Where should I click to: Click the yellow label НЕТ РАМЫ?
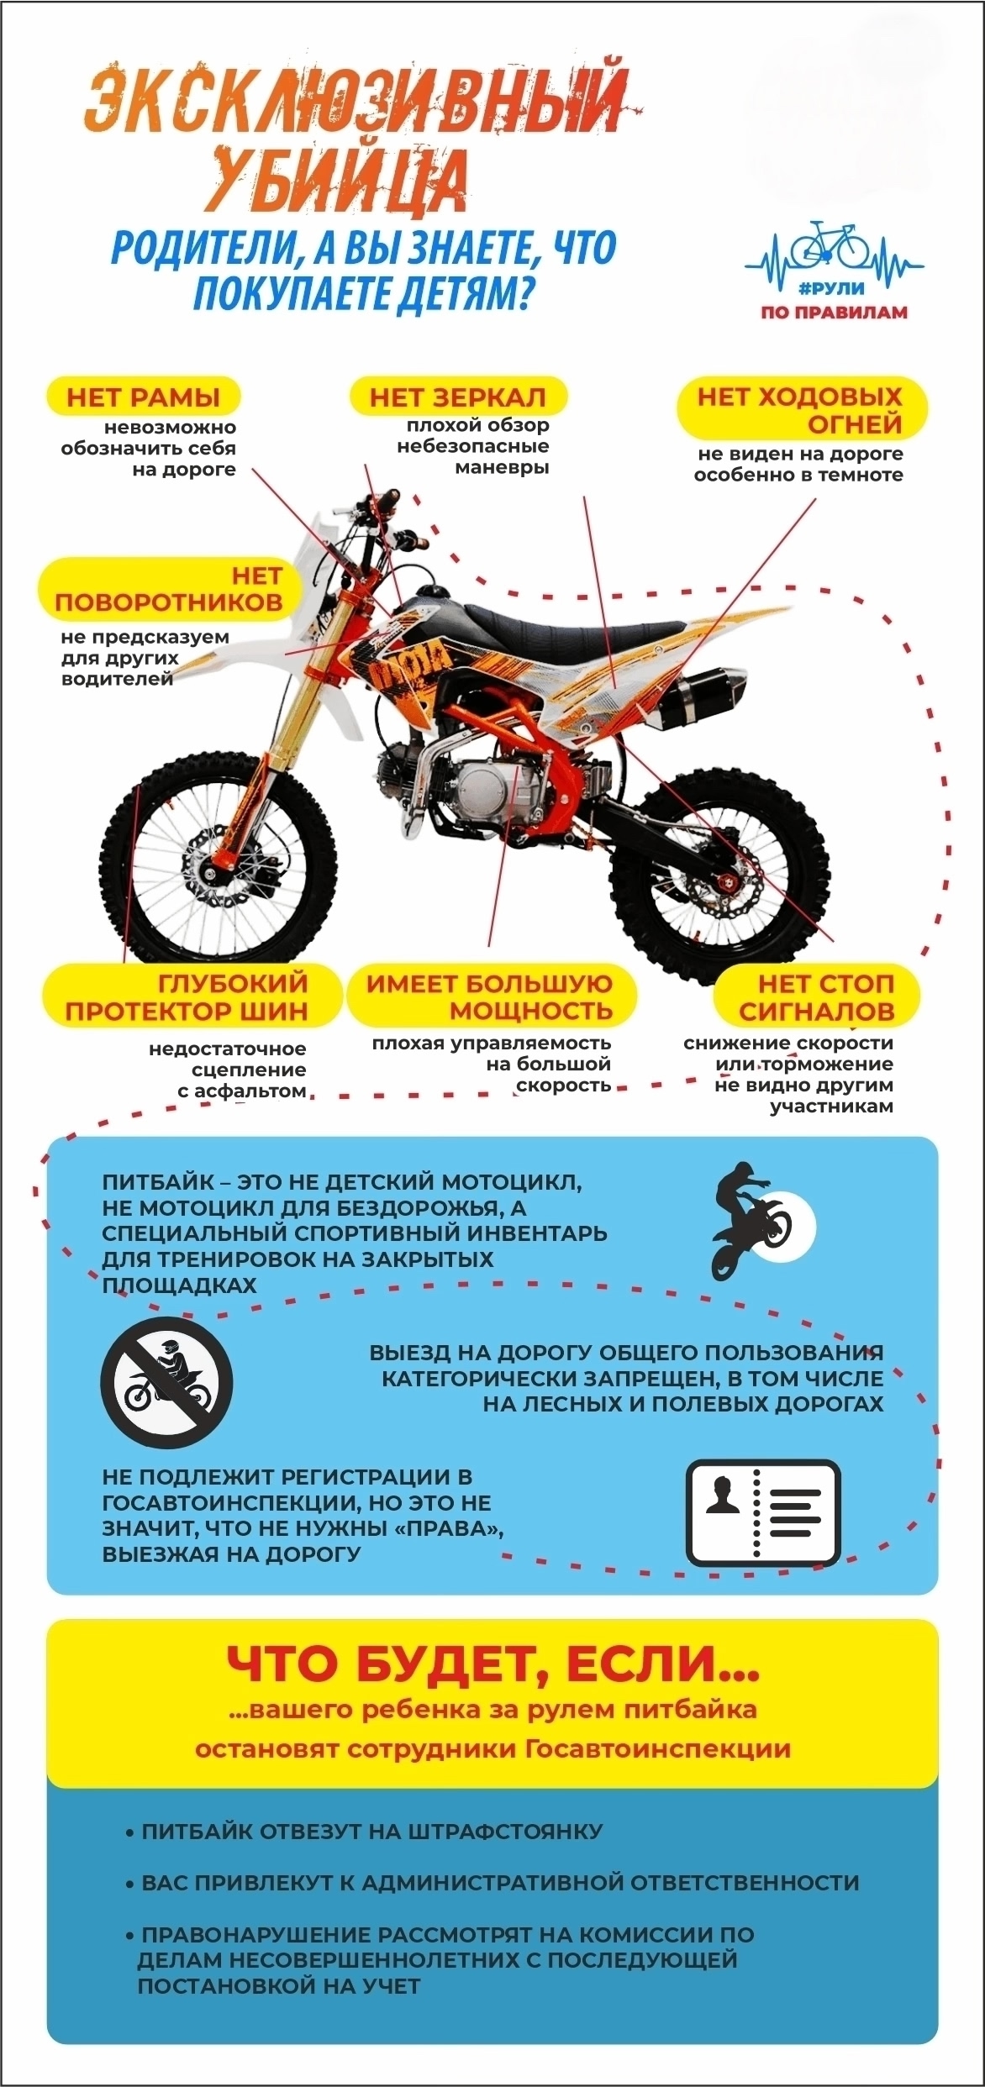pyautogui.click(x=143, y=397)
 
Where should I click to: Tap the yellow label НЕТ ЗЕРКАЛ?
pyautogui.click(x=458, y=397)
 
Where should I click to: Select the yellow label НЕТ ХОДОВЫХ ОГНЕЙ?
pyautogui.click(x=803, y=409)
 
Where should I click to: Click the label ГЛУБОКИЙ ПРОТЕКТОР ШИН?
pyautogui.click(x=189, y=996)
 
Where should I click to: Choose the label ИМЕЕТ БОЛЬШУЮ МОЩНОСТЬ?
pyautogui.click(x=491, y=996)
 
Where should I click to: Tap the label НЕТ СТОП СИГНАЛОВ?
pyautogui.click(x=816, y=996)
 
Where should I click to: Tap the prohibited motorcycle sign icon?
pyautogui.click(x=166, y=1382)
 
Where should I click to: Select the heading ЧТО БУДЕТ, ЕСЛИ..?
pyautogui.click(x=492, y=1662)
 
